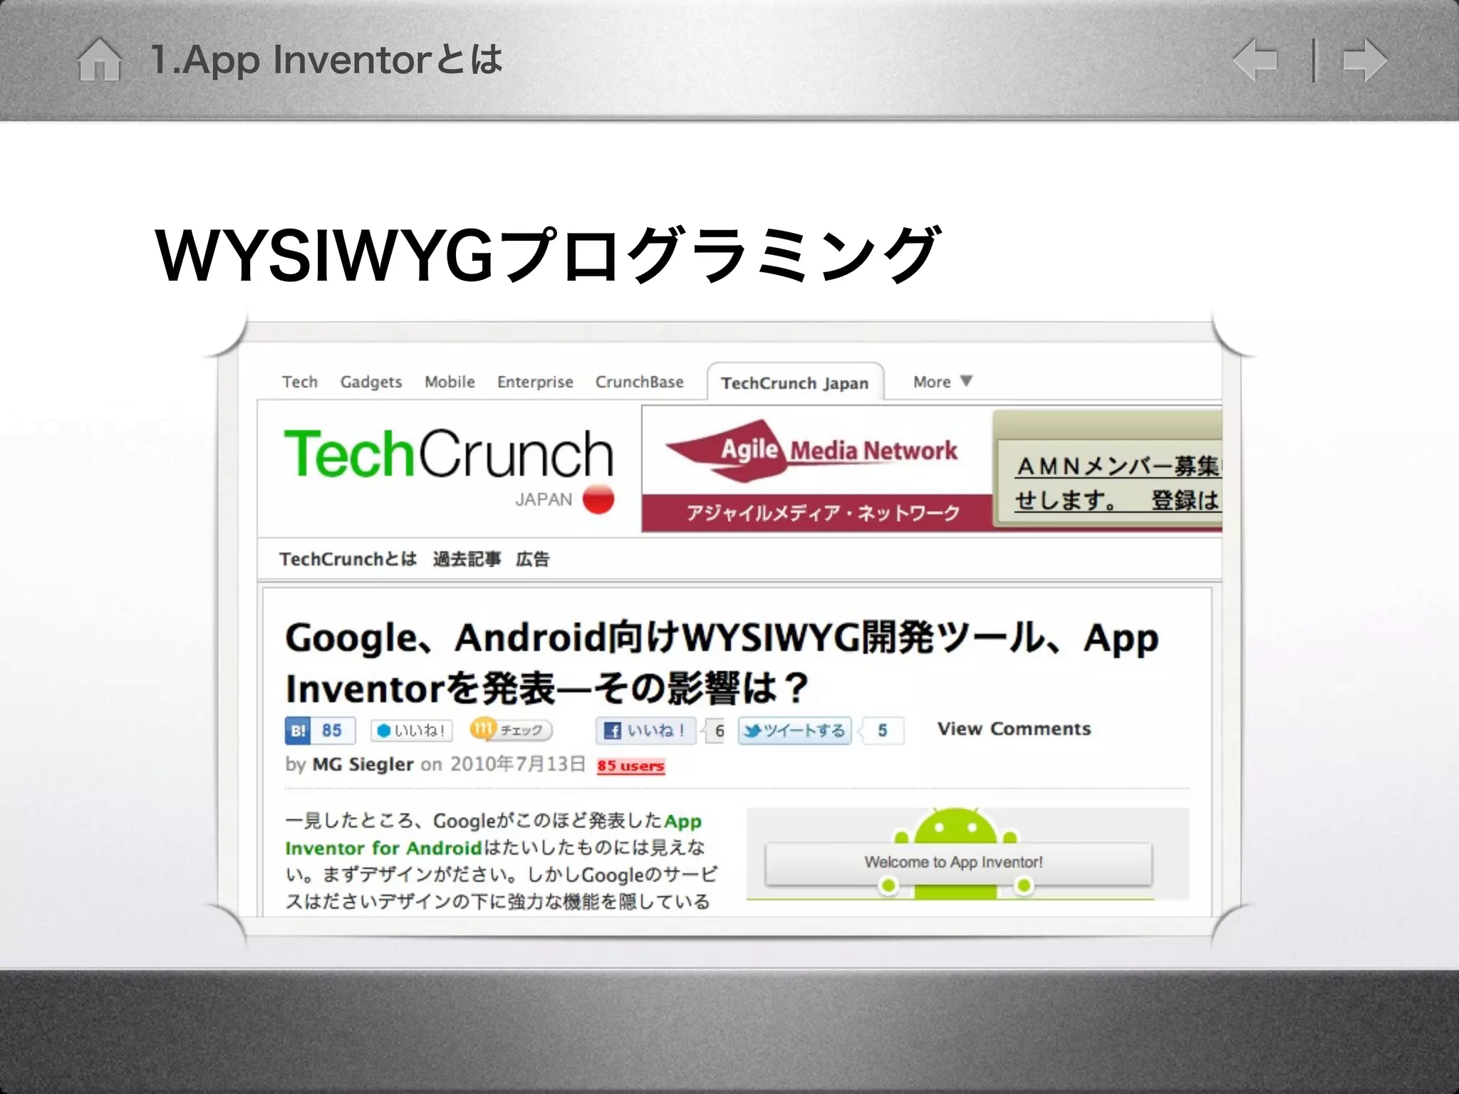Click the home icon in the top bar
[x=99, y=60]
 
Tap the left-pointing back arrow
[x=1255, y=61]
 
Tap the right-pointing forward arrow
[x=1364, y=61]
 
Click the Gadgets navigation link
[x=370, y=382]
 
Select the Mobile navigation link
[x=450, y=382]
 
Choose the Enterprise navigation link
[x=535, y=382]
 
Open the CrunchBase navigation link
[x=639, y=382]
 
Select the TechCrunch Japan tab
[x=794, y=384]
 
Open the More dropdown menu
[x=942, y=382]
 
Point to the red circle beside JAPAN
[x=598, y=499]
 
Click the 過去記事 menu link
[x=467, y=560]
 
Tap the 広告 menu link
[x=532, y=560]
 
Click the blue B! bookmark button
[x=298, y=731]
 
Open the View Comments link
[x=1014, y=729]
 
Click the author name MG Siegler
[x=363, y=765]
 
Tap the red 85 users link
[x=630, y=766]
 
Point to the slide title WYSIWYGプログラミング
[x=547, y=255]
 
